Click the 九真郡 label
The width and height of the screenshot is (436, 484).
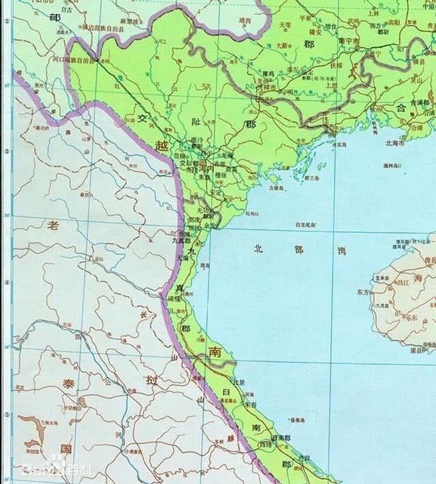tap(181, 240)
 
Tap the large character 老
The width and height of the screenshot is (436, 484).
tap(52, 225)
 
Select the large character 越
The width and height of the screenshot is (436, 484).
tap(160, 145)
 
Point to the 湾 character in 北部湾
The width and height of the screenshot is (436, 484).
tap(339, 251)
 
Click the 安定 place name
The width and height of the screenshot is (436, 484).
tap(215, 192)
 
